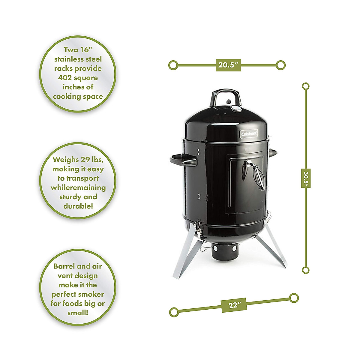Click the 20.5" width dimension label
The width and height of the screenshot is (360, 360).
click(228, 65)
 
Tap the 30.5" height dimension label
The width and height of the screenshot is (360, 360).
click(306, 178)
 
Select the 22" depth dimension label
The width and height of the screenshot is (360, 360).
click(234, 305)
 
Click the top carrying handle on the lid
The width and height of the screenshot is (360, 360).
click(226, 95)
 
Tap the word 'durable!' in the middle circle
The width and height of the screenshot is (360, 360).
click(78, 206)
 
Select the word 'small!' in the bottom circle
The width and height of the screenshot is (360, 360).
click(78, 313)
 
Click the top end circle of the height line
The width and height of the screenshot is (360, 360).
click(306, 86)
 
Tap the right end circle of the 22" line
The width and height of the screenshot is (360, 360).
click(294, 298)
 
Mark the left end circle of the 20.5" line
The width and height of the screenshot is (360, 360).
click(173, 65)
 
